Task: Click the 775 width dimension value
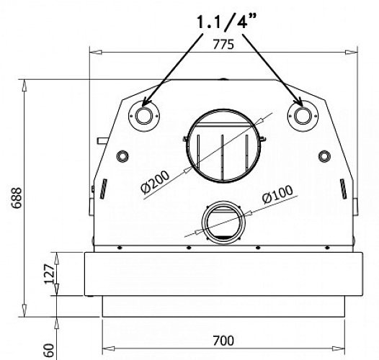pos(224,44)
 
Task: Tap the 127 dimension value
pos(48,274)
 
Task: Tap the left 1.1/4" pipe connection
pos(143,115)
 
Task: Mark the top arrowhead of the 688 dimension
pos(26,84)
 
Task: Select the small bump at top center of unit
pos(224,80)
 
